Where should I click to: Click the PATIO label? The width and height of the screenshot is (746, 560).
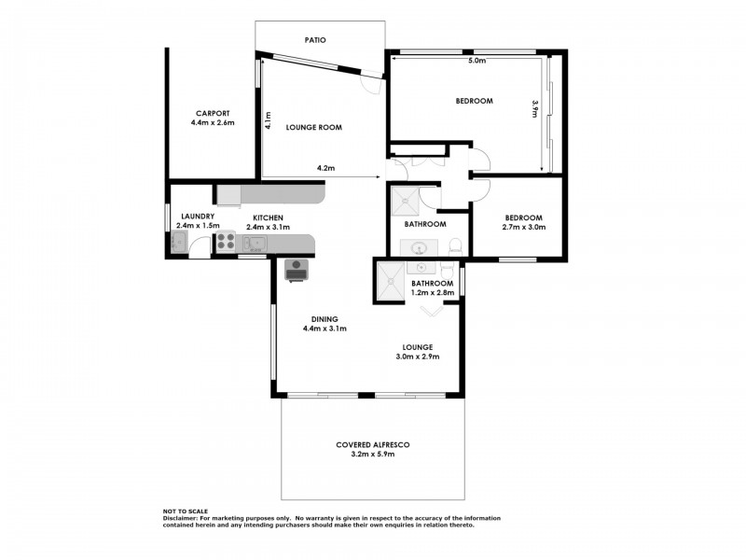314,41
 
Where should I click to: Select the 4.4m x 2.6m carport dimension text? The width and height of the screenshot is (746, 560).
212,123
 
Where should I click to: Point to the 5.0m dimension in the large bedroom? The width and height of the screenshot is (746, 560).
476,61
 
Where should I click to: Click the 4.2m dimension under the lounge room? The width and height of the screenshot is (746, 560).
325,169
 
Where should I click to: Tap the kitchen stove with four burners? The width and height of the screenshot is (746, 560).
225,244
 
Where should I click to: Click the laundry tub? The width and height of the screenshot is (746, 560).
178,244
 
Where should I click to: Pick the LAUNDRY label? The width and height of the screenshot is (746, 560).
198,217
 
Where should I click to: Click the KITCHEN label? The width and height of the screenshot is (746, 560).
267,217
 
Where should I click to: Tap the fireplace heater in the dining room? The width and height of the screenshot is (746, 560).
297,269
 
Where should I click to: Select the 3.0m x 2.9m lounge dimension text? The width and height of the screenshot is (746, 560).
417,357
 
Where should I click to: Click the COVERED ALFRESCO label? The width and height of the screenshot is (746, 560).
373,444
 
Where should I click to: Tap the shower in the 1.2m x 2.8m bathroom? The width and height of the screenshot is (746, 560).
389,282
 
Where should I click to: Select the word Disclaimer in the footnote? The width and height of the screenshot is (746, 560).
183,519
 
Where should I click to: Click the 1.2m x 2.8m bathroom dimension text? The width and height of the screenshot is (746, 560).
433,293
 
